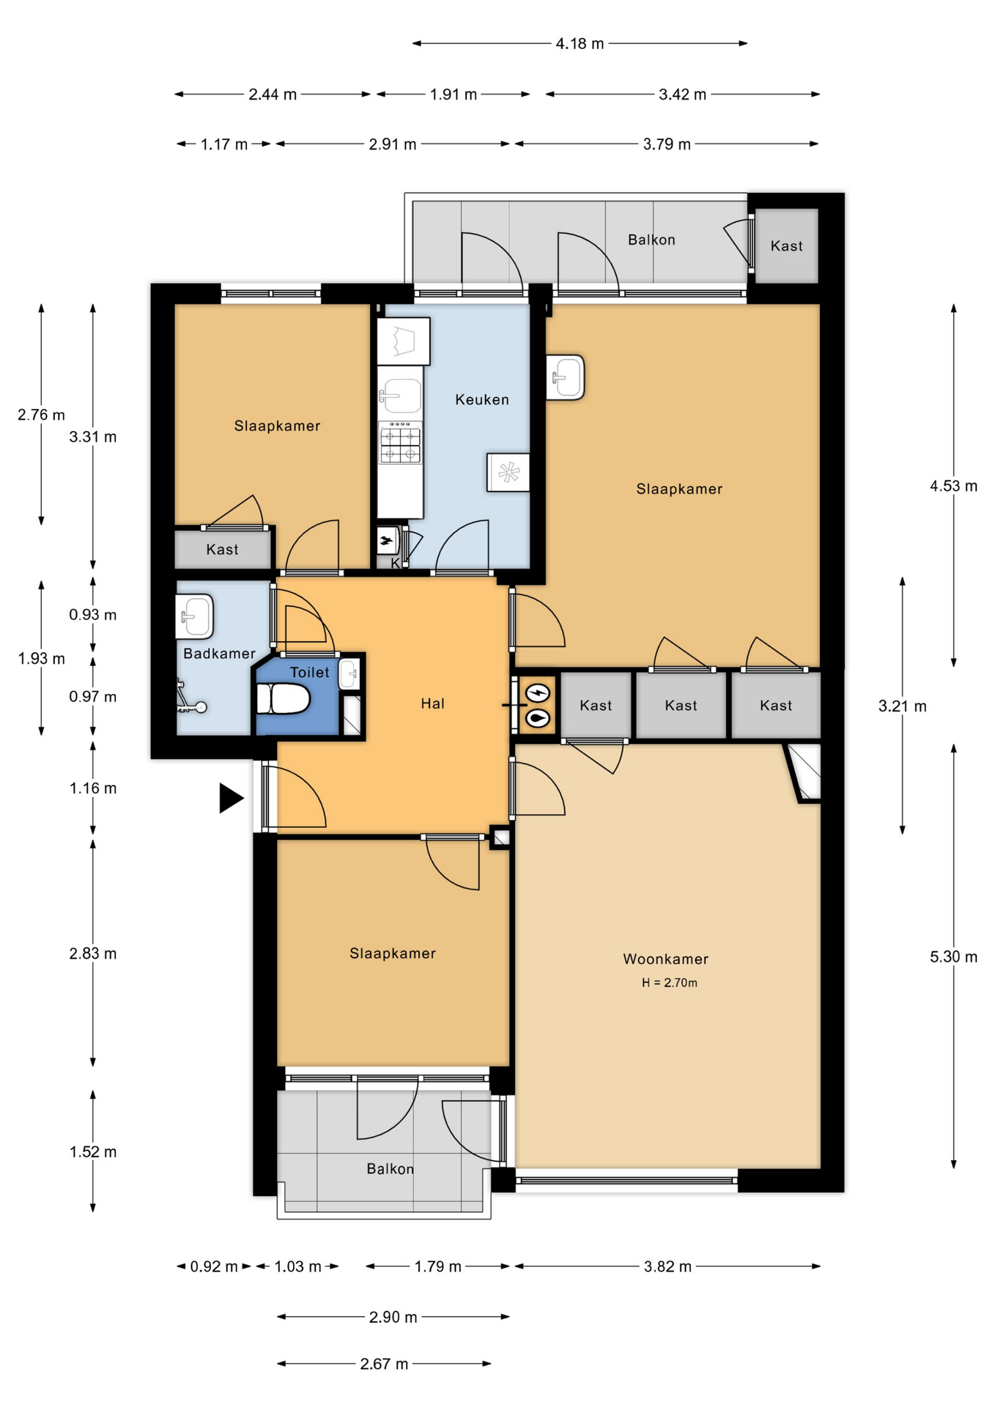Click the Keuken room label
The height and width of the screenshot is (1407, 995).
coord(481,399)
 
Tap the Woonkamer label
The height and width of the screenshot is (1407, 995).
coord(665,959)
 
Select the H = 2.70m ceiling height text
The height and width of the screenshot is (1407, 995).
coord(669,983)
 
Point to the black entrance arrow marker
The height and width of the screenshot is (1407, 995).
coord(232,797)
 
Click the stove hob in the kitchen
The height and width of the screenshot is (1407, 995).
coord(400,442)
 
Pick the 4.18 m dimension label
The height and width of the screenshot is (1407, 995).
coord(580,43)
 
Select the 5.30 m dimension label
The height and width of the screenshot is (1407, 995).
coord(953,956)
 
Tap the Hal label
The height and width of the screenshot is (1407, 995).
coord(432,703)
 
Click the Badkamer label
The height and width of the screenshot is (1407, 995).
coord(219,654)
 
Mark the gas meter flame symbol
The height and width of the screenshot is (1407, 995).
coord(539,719)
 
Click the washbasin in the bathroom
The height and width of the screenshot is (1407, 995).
coord(195,616)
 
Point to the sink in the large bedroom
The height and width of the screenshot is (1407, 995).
coord(566,377)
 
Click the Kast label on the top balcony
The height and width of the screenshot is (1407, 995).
coord(786,246)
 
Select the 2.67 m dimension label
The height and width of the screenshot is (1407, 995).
coord(384,1364)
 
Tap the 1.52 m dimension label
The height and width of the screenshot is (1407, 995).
coord(93,1152)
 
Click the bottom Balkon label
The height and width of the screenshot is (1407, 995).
coord(390,1169)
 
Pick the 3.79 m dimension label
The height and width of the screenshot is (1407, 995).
coord(667,144)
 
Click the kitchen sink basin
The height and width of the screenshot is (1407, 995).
coord(400,396)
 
